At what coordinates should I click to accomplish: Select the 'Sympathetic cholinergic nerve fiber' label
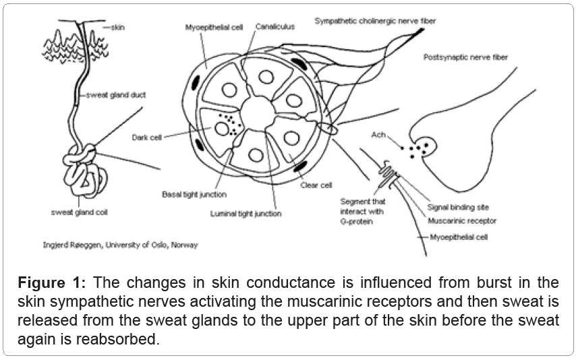375,22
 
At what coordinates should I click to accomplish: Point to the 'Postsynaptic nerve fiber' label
466,58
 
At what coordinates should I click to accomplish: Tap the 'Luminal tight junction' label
250,214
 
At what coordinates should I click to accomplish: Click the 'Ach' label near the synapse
378,135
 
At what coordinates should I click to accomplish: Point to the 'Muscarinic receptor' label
462,220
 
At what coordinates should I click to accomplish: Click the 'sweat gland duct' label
111,96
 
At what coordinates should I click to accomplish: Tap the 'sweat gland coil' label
79,212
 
